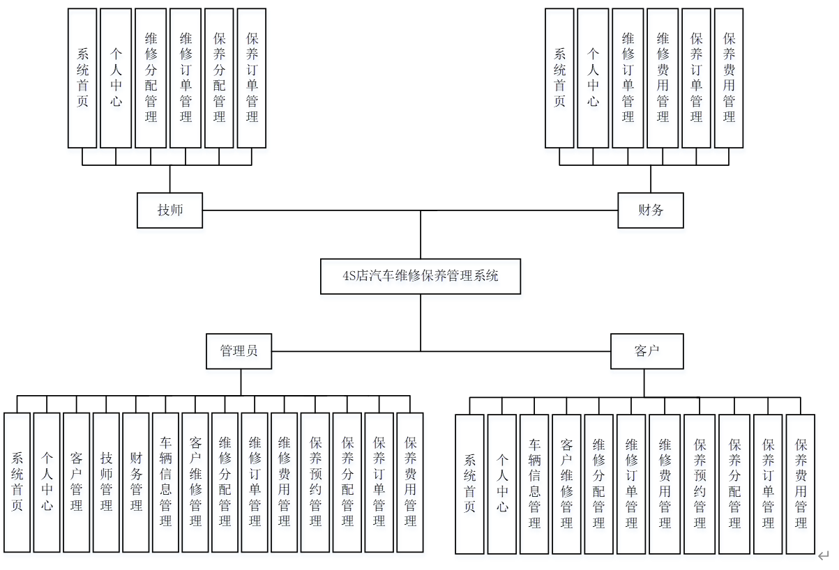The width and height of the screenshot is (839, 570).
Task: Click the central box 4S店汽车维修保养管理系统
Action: click(x=421, y=276)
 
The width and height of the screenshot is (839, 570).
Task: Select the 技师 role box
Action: click(x=169, y=210)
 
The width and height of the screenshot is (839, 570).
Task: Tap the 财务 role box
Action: click(x=651, y=210)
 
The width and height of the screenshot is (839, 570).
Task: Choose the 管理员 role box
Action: click(x=239, y=351)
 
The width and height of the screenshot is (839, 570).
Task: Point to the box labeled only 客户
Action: click(x=647, y=351)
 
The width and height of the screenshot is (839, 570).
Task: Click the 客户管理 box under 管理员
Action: click(x=77, y=482)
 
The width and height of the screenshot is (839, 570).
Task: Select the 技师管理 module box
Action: click(x=107, y=482)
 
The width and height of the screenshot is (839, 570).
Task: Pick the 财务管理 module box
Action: click(x=137, y=482)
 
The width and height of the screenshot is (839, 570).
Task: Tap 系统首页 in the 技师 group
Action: click(x=82, y=78)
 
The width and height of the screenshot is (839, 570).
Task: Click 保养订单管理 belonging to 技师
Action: click(x=252, y=78)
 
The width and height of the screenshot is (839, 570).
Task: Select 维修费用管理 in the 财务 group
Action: click(x=663, y=78)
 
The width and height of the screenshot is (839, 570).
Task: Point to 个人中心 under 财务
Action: click(x=593, y=78)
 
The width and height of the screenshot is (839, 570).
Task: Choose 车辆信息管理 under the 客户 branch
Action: click(x=535, y=484)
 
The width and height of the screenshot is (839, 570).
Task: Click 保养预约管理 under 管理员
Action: click(x=316, y=482)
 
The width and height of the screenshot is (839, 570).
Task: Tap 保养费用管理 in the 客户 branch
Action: click(x=801, y=484)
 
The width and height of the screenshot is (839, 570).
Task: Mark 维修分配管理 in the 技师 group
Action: click(x=151, y=78)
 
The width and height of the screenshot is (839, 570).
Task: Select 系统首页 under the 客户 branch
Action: click(x=469, y=484)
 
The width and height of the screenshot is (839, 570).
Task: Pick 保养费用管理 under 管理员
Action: click(x=410, y=482)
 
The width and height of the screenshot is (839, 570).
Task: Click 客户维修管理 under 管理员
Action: click(x=195, y=482)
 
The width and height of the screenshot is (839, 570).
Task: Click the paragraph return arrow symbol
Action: click(x=824, y=555)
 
